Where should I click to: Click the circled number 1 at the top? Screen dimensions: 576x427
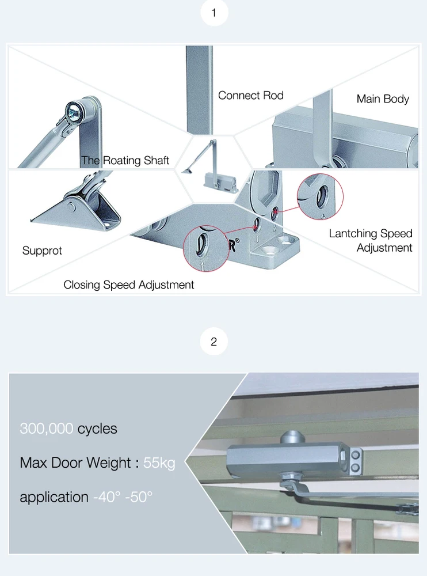click(214, 13)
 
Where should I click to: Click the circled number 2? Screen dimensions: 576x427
click(214, 342)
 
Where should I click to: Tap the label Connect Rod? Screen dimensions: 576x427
click(250, 96)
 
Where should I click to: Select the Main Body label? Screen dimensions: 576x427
click(383, 99)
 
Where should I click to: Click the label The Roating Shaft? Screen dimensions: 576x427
click(125, 161)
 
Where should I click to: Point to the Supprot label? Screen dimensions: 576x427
click(42, 251)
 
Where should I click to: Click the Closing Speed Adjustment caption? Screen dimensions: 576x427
click(129, 285)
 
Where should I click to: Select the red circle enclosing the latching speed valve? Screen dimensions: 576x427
click(319, 195)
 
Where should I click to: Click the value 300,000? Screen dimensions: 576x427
click(47, 429)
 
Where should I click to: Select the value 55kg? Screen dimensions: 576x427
click(159, 463)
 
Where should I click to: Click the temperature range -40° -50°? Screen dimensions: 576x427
click(123, 497)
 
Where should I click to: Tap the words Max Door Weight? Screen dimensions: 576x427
click(76, 463)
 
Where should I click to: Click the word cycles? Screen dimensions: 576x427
click(97, 429)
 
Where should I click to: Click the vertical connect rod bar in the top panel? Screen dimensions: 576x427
click(199, 89)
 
